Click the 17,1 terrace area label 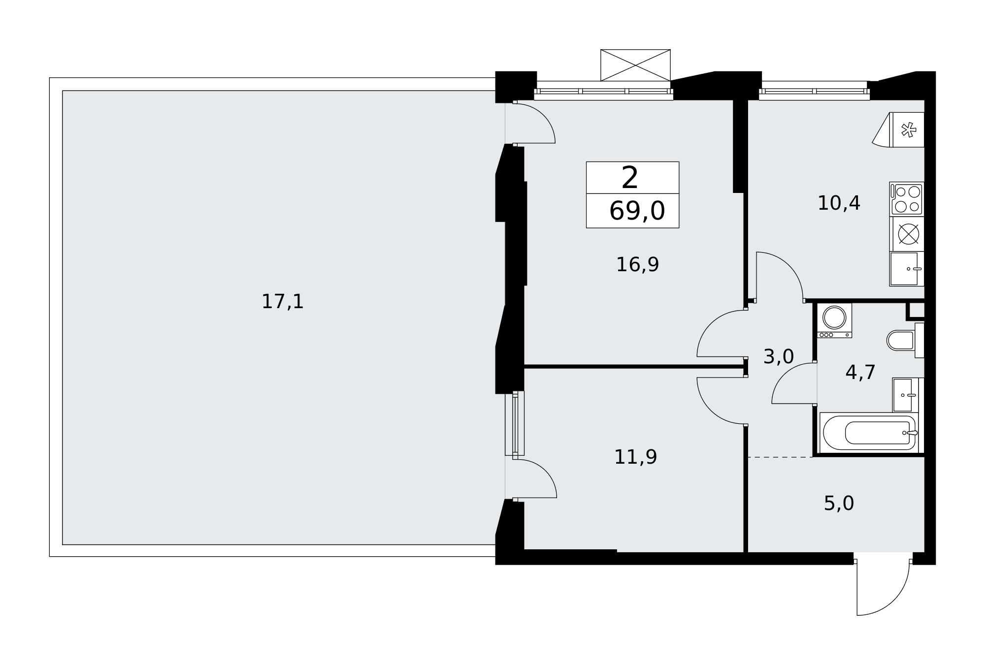coord(282,301)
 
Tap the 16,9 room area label coord(637,264)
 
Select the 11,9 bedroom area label coord(635,457)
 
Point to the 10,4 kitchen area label coord(839,203)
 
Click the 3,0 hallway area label coord(779,356)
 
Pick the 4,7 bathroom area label coord(860,372)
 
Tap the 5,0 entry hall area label coord(839,503)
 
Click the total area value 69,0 coord(637,211)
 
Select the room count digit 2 coord(630,178)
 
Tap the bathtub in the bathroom coord(869,432)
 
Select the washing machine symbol coord(834,320)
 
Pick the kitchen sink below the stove coord(906,269)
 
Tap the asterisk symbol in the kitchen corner coord(908,130)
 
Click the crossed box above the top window coord(635,65)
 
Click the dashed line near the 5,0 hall coord(780,457)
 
